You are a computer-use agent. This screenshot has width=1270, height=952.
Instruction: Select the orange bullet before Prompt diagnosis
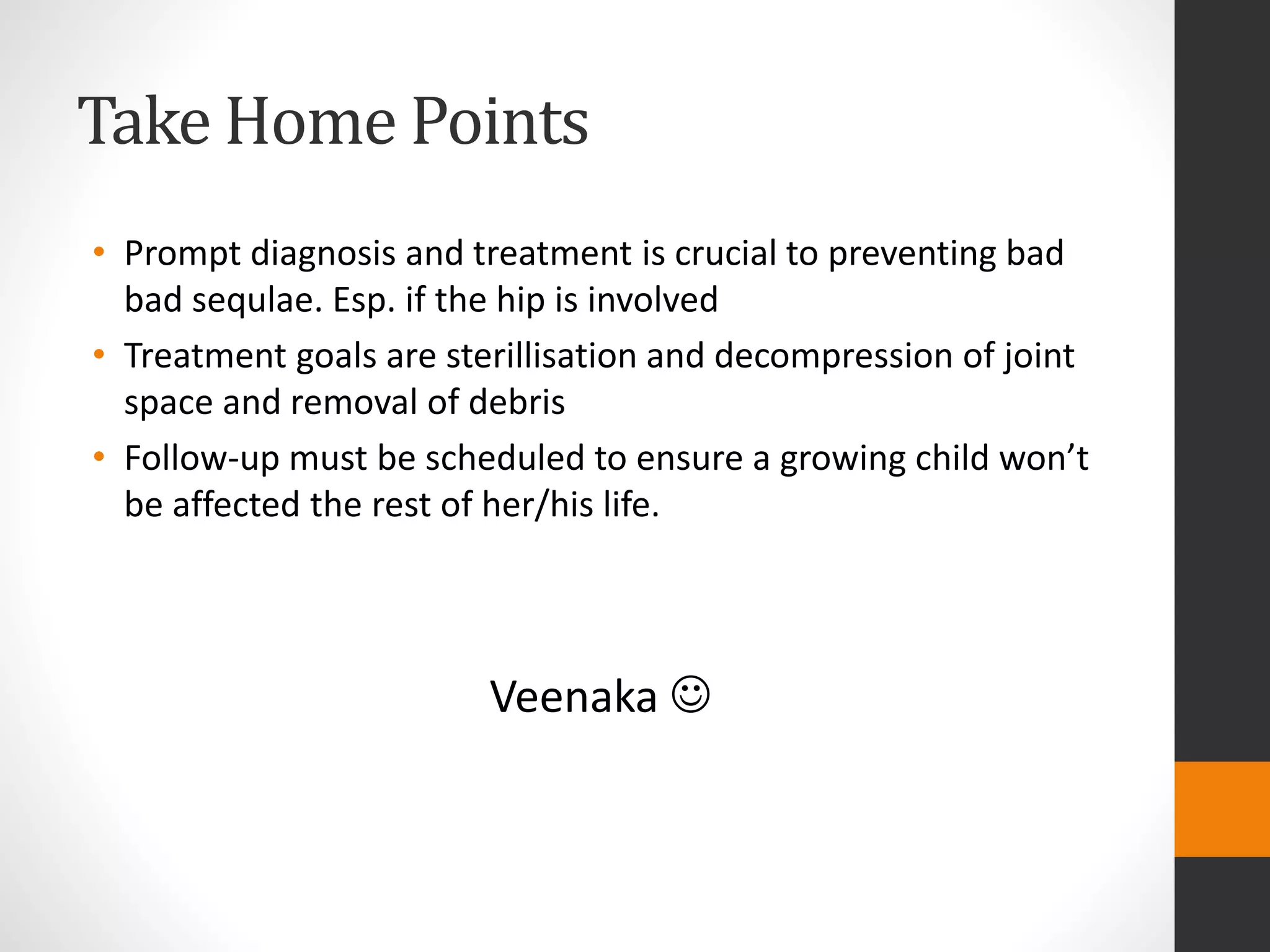point(99,252)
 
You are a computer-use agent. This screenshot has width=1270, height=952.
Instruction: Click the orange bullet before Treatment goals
point(99,355)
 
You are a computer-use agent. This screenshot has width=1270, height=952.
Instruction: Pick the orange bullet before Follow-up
point(99,457)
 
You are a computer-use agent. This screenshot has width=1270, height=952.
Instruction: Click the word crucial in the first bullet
point(725,253)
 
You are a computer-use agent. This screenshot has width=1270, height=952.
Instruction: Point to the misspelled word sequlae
point(257,300)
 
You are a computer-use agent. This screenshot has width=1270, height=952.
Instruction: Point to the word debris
point(517,402)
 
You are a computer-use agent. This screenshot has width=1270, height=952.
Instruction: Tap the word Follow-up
point(201,459)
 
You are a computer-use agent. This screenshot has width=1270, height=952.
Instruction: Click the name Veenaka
point(574,697)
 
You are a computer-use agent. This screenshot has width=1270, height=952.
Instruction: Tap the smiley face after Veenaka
point(690,695)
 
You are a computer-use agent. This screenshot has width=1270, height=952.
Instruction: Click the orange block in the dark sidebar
point(1222,809)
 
